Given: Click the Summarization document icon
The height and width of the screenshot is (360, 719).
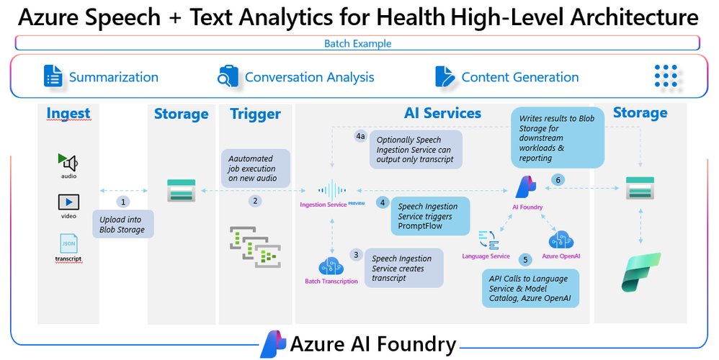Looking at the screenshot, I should [x=53, y=76].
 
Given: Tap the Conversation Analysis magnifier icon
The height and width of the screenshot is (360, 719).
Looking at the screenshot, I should [x=228, y=76].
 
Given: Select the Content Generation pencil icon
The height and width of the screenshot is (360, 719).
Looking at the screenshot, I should [x=445, y=76].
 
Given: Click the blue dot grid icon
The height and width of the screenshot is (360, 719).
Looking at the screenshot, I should [x=666, y=76].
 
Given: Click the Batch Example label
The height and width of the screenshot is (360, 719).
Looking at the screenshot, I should [x=357, y=44].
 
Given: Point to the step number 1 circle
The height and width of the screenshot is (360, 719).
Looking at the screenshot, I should [x=123, y=202].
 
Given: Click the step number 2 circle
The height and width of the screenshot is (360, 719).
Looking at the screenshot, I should [x=255, y=202].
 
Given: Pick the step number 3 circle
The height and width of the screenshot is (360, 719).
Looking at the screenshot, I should [x=355, y=255].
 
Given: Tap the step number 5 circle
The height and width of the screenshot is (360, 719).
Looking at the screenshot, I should [x=525, y=259].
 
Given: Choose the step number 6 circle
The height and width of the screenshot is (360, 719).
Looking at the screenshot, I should [x=557, y=179].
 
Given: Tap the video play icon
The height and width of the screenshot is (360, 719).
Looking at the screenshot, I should [x=68, y=202].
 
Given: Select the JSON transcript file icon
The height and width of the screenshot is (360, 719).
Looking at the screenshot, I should [x=68, y=243].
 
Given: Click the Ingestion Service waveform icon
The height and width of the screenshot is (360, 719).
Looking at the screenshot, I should [x=333, y=190].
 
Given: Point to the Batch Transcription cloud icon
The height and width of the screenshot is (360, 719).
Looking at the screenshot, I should [x=331, y=266].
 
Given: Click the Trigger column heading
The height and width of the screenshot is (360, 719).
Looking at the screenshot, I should [x=255, y=114].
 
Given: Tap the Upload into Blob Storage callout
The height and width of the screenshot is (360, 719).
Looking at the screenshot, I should [x=122, y=225].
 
